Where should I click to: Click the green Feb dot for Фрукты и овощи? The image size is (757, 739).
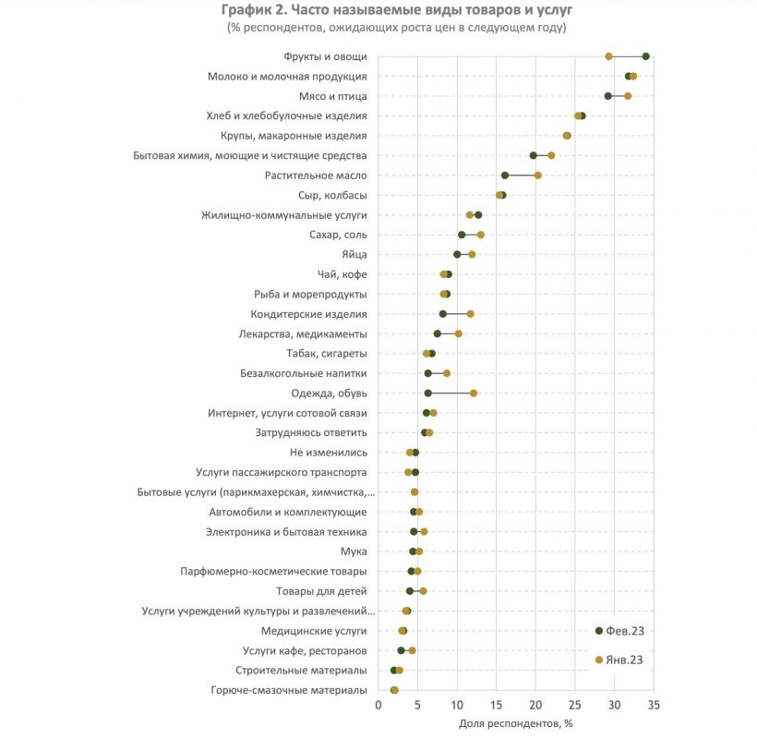645,56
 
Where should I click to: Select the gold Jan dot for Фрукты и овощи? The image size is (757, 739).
608,56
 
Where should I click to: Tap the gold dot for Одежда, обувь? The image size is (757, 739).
474,394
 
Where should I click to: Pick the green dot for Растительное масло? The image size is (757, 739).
505,176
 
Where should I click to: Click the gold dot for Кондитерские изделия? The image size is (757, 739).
470,314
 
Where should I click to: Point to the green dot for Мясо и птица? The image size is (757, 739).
608,96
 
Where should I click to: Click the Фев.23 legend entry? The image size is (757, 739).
619,631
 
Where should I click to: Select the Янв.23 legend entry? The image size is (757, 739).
619,660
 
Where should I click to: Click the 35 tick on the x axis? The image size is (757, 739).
654,705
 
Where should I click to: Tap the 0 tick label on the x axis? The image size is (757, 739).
378,705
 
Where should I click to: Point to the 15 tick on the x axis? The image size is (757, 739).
497,705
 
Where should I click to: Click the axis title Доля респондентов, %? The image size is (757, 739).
516,723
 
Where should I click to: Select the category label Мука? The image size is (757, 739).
354,551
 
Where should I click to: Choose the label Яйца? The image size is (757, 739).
354,255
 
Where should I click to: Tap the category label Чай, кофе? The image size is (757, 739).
342,274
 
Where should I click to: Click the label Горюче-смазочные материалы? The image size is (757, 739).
289,690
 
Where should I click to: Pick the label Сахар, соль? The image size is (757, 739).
338,235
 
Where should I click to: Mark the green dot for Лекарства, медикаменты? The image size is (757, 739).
438,333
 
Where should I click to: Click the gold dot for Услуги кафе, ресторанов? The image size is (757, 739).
412,650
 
